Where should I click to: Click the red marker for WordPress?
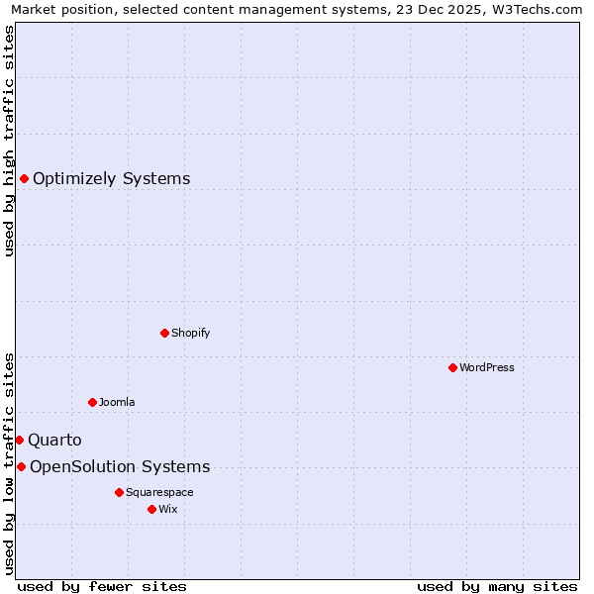click(452, 367)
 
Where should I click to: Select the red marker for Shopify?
click(164, 333)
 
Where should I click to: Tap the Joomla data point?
click(92, 402)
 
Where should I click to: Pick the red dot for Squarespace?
click(119, 492)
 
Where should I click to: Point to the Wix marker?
click(151, 509)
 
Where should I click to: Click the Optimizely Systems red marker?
click(24, 178)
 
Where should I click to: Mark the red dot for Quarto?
click(19, 440)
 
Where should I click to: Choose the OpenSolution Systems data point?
click(21, 466)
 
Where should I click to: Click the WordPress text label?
click(487, 367)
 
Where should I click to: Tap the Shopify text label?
click(191, 333)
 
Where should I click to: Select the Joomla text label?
click(117, 402)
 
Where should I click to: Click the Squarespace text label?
click(159, 492)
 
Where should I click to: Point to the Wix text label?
click(168, 509)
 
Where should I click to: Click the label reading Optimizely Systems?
click(112, 179)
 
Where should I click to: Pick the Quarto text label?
click(54, 441)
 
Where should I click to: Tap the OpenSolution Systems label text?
click(120, 467)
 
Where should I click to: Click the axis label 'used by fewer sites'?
click(102, 586)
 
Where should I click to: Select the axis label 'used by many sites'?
click(497, 586)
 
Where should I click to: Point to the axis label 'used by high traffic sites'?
click(9, 141)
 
